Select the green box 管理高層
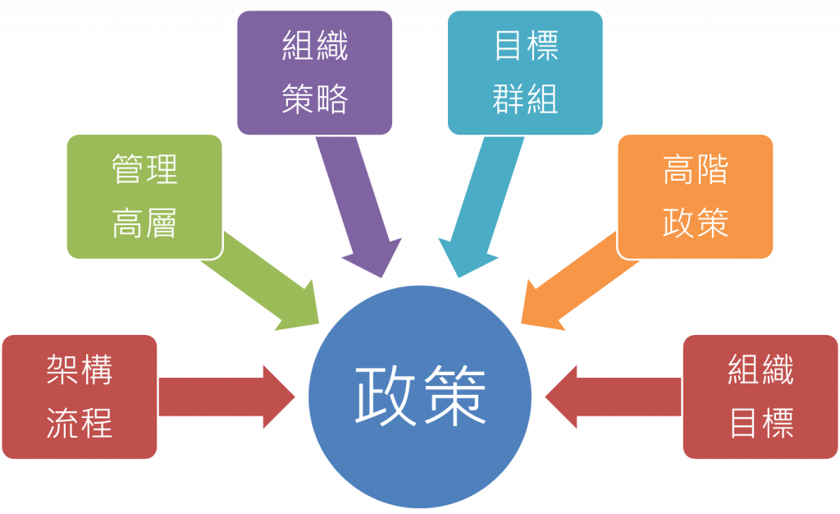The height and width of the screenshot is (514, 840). point(144,197)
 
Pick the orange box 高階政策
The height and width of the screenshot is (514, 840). point(695,197)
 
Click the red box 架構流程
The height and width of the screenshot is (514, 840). point(79,397)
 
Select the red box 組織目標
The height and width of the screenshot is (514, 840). point(760,397)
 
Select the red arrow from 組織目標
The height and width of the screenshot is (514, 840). point(611,397)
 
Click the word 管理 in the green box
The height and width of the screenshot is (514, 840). point(144,170)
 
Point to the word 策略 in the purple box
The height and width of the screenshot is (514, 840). point(315,99)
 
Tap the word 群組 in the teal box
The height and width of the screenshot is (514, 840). point(526,99)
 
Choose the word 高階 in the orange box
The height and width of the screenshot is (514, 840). point(695,170)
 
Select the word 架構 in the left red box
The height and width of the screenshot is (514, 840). point(79,371)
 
